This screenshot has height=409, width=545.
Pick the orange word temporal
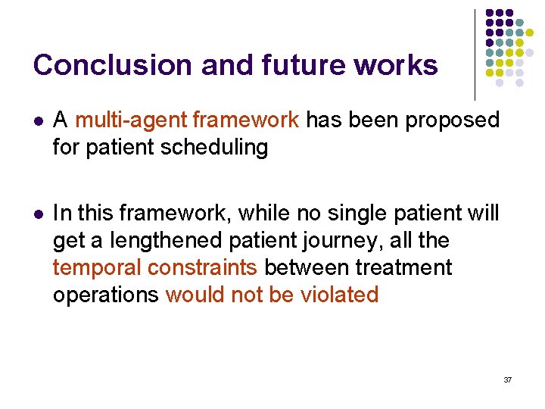(x=97, y=267)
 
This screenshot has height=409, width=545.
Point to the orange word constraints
(x=204, y=267)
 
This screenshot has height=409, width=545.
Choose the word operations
(x=105, y=294)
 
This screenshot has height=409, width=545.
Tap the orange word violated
(x=340, y=294)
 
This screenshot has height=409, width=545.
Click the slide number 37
(x=507, y=379)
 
